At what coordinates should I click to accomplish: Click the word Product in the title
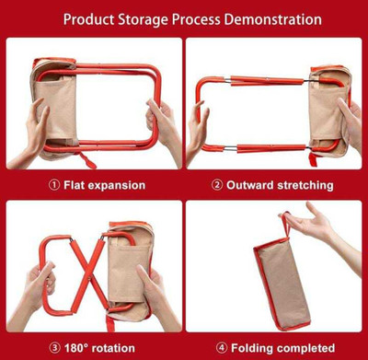coord(89,19)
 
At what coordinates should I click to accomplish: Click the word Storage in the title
coord(143,20)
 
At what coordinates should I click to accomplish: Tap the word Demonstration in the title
coord(273,19)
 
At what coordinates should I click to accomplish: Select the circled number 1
coord(54,185)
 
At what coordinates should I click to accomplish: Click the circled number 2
coord(217,185)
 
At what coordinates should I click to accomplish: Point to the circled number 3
coord(54,348)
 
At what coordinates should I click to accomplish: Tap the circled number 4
coord(221,348)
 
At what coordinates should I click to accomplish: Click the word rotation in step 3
coord(113,348)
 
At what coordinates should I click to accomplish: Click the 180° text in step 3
coord(76,348)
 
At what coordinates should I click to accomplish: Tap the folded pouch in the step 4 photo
coord(282,284)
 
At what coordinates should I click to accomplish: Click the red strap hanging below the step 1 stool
coord(87,161)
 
